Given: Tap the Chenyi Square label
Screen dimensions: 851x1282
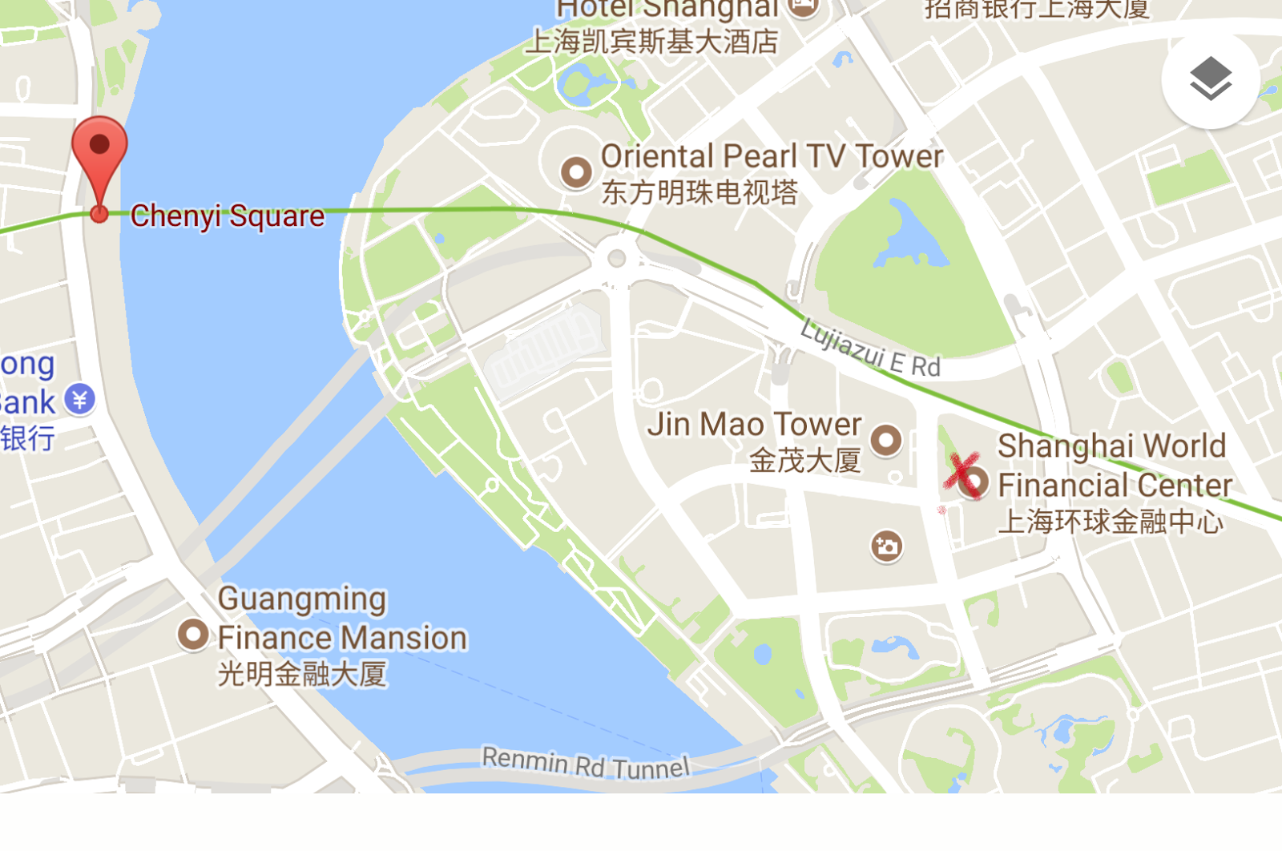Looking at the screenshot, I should (x=228, y=216).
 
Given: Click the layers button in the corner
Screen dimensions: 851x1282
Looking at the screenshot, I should (x=1210, y=79).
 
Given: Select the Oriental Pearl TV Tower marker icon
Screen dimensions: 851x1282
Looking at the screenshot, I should (x=575, y=171).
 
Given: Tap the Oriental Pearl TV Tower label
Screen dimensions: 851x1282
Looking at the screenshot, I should (x=772, y=156).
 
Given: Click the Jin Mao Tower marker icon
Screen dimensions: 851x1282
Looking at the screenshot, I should (x=886, y=439).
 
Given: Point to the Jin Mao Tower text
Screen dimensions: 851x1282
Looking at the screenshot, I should (x=754, y=424).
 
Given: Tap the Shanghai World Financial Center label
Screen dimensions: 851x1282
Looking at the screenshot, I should (x=1114, y=466).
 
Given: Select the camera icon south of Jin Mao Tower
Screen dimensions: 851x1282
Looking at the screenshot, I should (x=886, y=546).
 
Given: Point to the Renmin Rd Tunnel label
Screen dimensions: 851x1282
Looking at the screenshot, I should (x=585, y=763).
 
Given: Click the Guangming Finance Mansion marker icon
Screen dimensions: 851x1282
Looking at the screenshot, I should (x=193, y=635).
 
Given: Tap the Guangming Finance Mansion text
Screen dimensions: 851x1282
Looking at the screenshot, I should (x=342, y=618).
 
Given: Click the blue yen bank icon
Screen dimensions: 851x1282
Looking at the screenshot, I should (x=80, y=398).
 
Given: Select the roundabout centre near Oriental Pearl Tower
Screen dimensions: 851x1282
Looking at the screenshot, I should (x=616, y=258).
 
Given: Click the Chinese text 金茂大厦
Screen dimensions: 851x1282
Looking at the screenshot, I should (x=804, y=461).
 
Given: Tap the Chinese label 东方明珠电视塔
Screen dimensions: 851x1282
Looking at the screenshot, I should (x=699, y=192).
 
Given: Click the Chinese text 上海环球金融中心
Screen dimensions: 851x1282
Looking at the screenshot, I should (x=1111, y=522).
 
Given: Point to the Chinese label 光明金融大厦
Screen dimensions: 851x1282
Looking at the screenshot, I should (x=302, y=673).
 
